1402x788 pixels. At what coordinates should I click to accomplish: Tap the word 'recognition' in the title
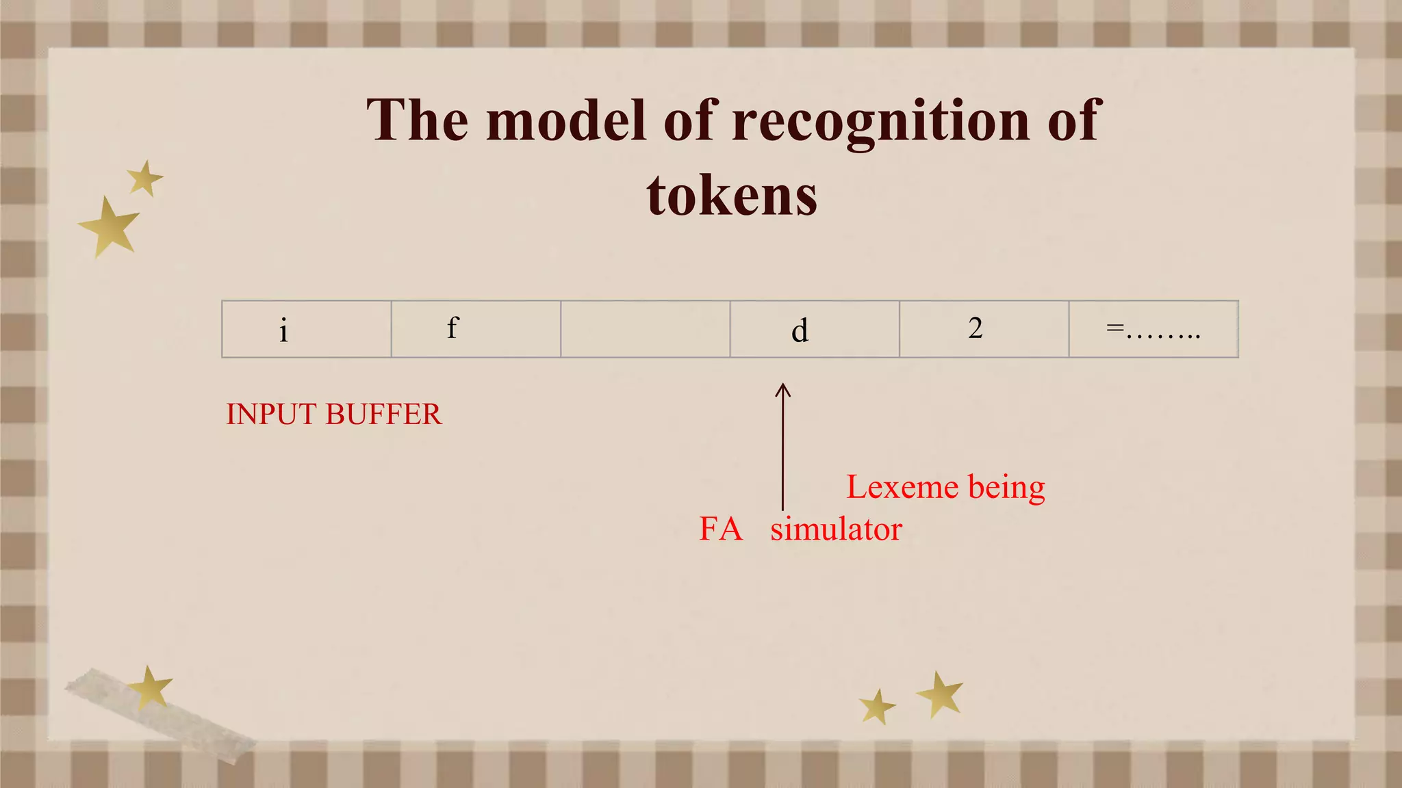pos(880,120)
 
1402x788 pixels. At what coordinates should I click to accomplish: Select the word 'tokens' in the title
pos(731,196)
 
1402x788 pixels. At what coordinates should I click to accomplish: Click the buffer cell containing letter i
pos(306,329)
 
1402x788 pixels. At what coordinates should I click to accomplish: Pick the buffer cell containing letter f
pos(476,329)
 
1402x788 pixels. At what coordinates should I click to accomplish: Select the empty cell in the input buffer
pos(645,329)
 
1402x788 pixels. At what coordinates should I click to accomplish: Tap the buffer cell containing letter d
pos(815,329)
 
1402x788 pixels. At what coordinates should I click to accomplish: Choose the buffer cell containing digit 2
pos(984,329)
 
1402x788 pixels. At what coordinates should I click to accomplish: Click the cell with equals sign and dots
pos(1154,329)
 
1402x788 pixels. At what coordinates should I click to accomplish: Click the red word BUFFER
pos(383,415)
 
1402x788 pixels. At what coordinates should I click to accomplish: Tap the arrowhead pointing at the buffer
pos(783,390)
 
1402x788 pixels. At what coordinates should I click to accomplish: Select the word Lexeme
pos(902,488)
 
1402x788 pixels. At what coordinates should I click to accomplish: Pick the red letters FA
pos(721,529)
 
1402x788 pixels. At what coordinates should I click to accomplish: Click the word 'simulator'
pos(836,529)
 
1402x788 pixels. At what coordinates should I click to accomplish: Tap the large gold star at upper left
pos(110,227)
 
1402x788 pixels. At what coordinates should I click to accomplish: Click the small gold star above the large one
pos(144,179)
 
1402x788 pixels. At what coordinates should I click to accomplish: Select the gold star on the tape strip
pos(150,687)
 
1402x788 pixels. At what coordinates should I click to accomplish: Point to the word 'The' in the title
pos(417,120)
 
